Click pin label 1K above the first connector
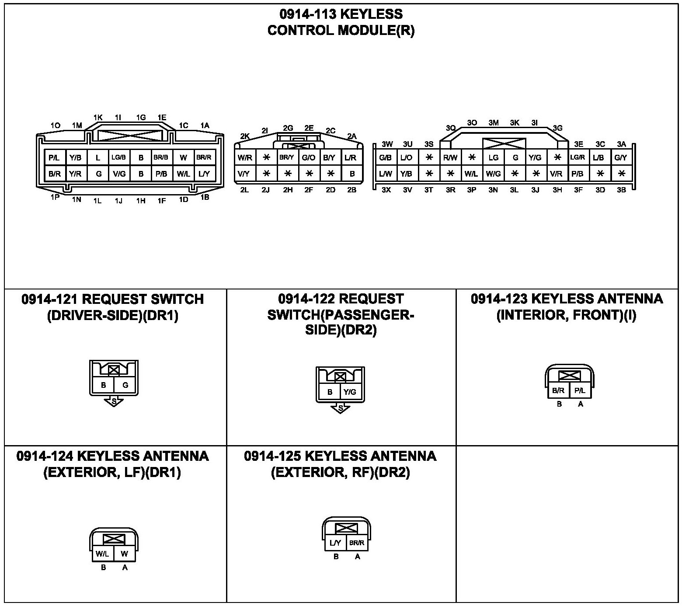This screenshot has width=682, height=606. coord(98,118)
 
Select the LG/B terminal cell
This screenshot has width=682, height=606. coord(118,157)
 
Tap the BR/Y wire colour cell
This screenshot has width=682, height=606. coord(287,158)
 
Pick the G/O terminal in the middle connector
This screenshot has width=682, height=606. coord(309,158)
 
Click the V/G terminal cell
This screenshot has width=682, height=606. coord(119,174)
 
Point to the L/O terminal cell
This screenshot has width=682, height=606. coord(407,157)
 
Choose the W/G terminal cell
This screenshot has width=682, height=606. coord(493,174)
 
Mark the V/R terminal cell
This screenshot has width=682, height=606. coord(557,174)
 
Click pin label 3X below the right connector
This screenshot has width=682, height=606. coord(386,190)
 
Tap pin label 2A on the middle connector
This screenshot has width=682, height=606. coord(352,136)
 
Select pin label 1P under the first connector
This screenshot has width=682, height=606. coord(55,197)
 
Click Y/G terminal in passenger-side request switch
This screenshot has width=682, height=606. coord(350,392)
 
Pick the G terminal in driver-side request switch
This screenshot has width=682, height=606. coord(125,385)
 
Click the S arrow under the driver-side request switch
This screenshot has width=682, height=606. coord(114,401)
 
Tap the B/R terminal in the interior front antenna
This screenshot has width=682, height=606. coord(558,391)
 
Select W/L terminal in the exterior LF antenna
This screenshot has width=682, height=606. coord(102,554)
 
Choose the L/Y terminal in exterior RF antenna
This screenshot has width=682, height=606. coord(335,543)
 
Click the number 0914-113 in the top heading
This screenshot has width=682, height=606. coord(308,14)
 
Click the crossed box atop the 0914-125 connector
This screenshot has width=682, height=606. coord(346,529)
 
